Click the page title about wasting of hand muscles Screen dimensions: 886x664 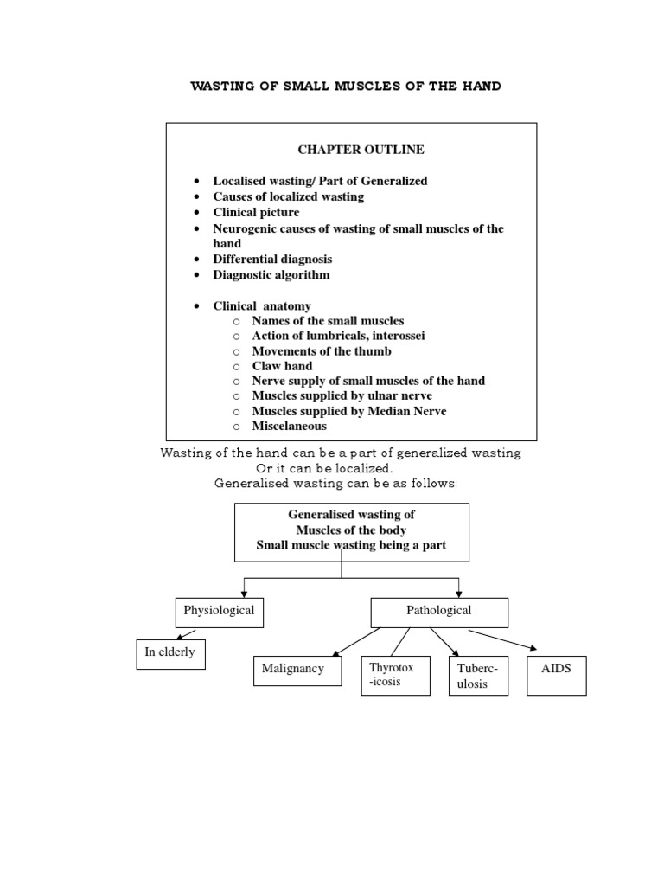pyautogui.click(x=345, y=87)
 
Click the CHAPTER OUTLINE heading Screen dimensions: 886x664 pyautogui.click(x=361, y=150)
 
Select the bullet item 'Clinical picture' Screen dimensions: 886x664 pyautogui.click(x=256, y=212)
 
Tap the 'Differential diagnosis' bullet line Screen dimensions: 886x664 pyautogui.click(x=272, y=259)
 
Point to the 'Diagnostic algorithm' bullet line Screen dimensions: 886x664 pyautogui.click(x=271, y=274)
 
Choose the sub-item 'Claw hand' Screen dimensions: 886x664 pyautogui.click(x=282, y=366)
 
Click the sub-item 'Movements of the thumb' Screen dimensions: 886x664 pyautogui.click(x=321, y=351)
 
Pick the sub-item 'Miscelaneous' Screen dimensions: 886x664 pyautogui.click(x=290, y=426)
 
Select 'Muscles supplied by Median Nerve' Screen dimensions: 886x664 pyautogui.click(x=348, y=411)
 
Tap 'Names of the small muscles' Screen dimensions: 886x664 pyautogui.click(x=328, y=321)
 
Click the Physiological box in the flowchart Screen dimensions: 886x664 pyautogui.click(x=219, y=612)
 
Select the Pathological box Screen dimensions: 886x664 pyautogui.click(x=439, y=612)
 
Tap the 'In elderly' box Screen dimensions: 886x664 pyautogui.click(x=170, y=654)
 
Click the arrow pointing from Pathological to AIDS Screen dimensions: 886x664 pyautogui.click(x=503, y=640)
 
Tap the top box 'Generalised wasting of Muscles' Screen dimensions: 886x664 pyautogui.click(x=351, y=531)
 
